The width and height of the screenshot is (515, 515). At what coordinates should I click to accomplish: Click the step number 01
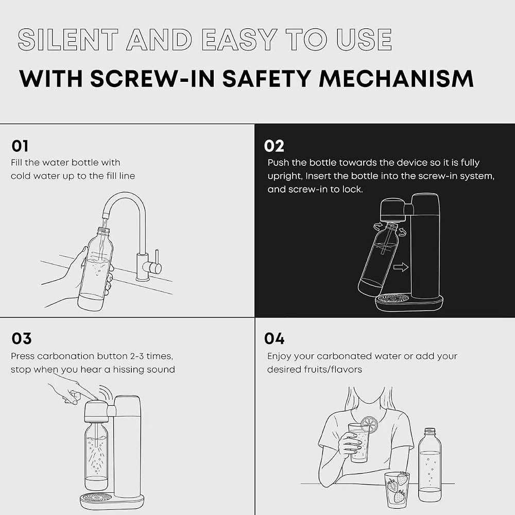pyautogui.click(x=20, y=146)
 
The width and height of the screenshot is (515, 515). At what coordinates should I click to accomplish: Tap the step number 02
pyautogui.click(x=274, y=146)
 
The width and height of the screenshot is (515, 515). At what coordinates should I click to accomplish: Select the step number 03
pyautogui.click(x=21, y=339)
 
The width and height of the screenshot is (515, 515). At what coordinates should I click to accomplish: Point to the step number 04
pyautogui.click(x=274, y=339)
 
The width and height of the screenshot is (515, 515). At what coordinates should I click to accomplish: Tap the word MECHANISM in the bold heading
pyautogui.click(x=396, y=79)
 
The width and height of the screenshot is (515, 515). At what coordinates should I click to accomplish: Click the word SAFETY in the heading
pyautogui.click(x=266, y=79)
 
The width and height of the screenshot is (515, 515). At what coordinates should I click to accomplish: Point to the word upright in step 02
pyautogui.click(x=284, y=176)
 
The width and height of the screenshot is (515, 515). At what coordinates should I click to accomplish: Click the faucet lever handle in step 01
pyautogui.click(x=157, y=261)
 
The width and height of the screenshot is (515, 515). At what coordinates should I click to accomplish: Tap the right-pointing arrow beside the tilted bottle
pyautogui.click(x=401, y=267)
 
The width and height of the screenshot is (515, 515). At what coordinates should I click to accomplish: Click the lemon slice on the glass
pyautogui.click(x=369, y=424)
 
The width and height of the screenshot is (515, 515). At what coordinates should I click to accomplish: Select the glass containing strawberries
pyautogui.click(x=397, y=489)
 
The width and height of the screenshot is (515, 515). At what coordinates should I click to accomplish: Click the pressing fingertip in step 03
pyautogui.click(x=95, y=398)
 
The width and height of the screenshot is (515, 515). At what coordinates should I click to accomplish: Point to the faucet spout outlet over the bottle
pyautogui.click(x=105, y=216)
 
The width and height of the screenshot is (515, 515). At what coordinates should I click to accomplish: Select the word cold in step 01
pyautogui.click(x=21, y=176)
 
